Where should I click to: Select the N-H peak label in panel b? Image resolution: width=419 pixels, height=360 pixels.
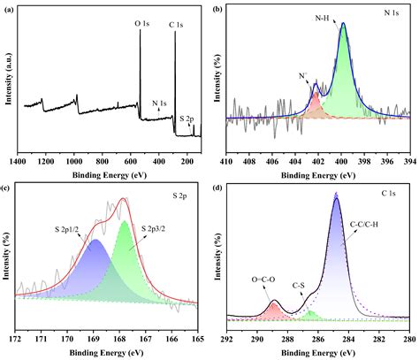[x=326, y=17]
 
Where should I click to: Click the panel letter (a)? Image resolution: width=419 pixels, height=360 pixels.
[x=8, y=8]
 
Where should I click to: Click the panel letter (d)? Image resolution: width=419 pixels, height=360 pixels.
[x=217, y=188]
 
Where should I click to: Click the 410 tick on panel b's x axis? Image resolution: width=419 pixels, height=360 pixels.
[x=227, y=162]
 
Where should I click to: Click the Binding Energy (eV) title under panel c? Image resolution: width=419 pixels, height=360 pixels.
[x=107, y=352]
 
